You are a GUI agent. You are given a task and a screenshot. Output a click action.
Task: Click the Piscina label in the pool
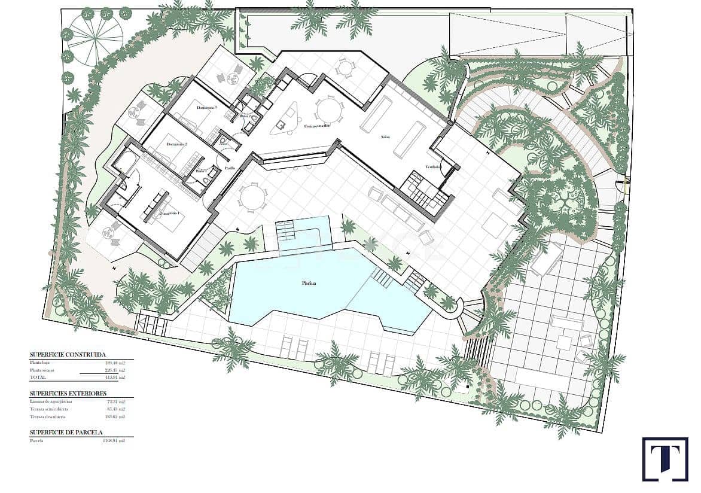click(x=308, y=284)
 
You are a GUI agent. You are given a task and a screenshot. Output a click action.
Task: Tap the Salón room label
click(x=385, y=136)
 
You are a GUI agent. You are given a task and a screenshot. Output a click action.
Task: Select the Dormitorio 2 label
click(x=177, y=144)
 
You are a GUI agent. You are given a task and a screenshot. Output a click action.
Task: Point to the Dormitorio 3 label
click(x=207, y=108)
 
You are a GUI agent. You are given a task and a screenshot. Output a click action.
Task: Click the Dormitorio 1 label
click(x=168, y=212)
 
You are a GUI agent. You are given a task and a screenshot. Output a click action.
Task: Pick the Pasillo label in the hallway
click(x=228, y=168)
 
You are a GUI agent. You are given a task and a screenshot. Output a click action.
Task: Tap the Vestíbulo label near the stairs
click(x=433, y=166)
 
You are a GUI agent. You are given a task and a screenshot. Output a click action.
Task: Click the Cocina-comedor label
click(x=318, y=126)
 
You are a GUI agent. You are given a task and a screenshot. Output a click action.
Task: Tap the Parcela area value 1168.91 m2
click(x=113, y=441)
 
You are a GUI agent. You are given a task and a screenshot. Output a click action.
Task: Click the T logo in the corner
click(x=665, y=459)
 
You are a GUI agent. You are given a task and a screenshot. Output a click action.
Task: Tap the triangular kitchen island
click(x=286, y=118)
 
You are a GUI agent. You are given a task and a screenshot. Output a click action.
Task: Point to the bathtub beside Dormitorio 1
click(x=125, y=162)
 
